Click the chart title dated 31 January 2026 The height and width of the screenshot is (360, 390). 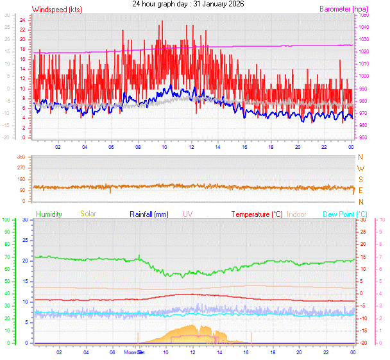coord(192,4)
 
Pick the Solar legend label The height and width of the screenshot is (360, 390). coord(88,214)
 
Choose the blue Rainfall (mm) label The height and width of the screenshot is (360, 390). coord(149,214)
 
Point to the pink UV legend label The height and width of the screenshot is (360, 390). coord(187,214)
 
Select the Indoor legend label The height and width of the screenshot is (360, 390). coord(297,214)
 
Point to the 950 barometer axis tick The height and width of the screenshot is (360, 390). coord(363,138)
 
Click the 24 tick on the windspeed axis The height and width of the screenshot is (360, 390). coord(22,19)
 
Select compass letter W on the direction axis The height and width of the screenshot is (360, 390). coord(360,168)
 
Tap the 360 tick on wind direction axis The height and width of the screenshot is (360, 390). coord(21,157)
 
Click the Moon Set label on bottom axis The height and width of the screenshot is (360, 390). coord(134,352)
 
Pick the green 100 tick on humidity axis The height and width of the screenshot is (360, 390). coord(6,220)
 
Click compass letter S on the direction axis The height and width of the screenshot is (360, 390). coord(360,180)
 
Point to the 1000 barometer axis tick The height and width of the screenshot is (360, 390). coord(364,76)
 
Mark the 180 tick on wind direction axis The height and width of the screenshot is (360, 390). coord(21,179)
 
